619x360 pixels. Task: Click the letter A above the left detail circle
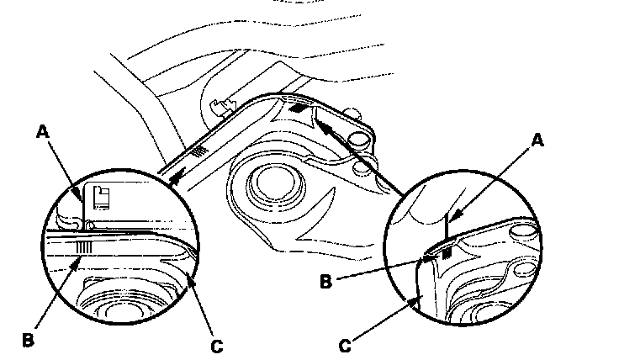pos(43,131)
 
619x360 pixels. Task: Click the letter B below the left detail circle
pos(28,340)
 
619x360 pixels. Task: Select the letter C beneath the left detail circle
pos(217,347)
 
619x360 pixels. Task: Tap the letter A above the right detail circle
pos(537,140)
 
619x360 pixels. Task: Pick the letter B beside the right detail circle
pos(325,282)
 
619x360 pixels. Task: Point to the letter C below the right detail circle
pos(345,347)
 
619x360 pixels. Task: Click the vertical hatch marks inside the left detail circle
pos(84,247)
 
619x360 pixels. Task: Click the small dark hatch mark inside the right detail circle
pos(447,253)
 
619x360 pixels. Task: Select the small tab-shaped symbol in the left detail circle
pos(101,197)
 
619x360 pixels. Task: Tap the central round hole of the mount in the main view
pos(276,182)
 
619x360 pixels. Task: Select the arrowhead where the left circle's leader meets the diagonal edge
pos(177,175)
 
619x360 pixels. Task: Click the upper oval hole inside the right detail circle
pos(522,231)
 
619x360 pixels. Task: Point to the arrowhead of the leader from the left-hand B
pos(77,263)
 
